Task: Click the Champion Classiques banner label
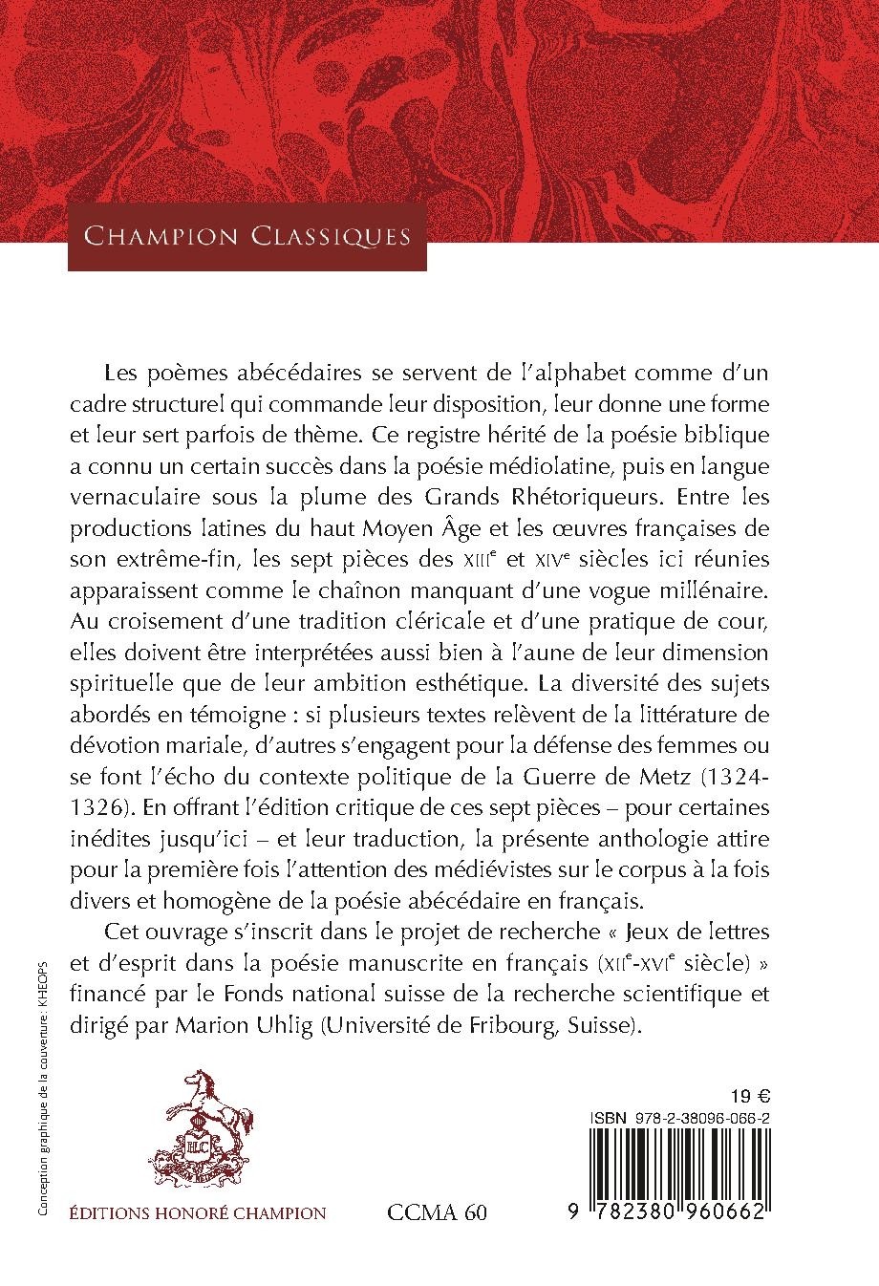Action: point(247,235)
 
